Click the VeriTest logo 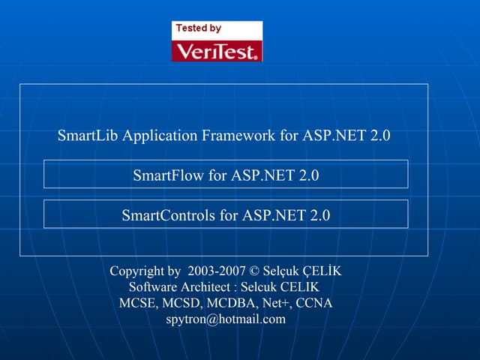pyautogui.click(x=217, y=50)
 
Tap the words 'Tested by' pyautogui.click(x=198, y=28)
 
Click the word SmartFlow pyautogui.click(x=169, y=176)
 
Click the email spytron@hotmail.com pyautogui.click(x=226, y=319)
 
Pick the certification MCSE pyautogui.click(x=137, y=303)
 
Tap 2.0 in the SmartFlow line pyautogui.click(x=309, y=176)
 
